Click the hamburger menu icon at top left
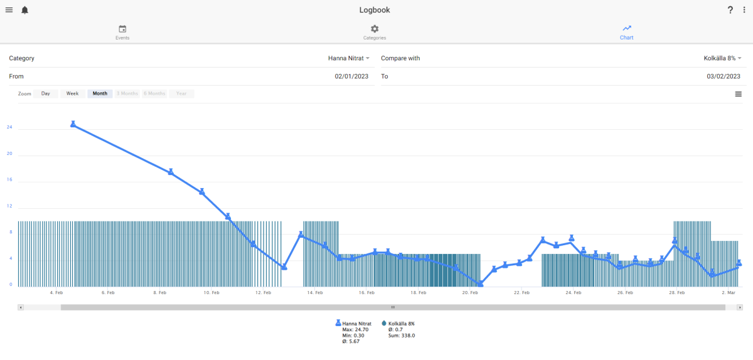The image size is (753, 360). (x=9, y=10)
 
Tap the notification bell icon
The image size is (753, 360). (x=25, y=10)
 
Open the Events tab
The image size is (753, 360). (x=122, y=33)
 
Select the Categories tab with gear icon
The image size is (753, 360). (x=375, y=33)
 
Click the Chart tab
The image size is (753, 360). (x=627, y=33)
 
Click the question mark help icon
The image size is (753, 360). (x=730, y=10)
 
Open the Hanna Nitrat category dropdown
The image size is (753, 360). (x=349, y=58)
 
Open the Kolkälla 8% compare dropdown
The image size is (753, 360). (x=722, y=58)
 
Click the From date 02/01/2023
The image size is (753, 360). (x=351, y=77)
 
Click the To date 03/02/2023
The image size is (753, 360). (x=724, y=77)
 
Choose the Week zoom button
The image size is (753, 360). (x=72, y=93)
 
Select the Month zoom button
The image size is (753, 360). (x=100, y=93)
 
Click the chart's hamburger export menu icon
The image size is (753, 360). (x=738, y=94)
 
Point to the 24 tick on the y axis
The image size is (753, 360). (x=9, y=127)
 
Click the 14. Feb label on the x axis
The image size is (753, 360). (x=314, y=292)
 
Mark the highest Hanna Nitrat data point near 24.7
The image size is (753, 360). (x=73, y=124)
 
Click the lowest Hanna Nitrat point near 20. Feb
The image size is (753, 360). (x=481, y=283)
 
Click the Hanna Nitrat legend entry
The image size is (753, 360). (x=353, y=324)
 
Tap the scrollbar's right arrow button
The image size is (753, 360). (x=740, y=307)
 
